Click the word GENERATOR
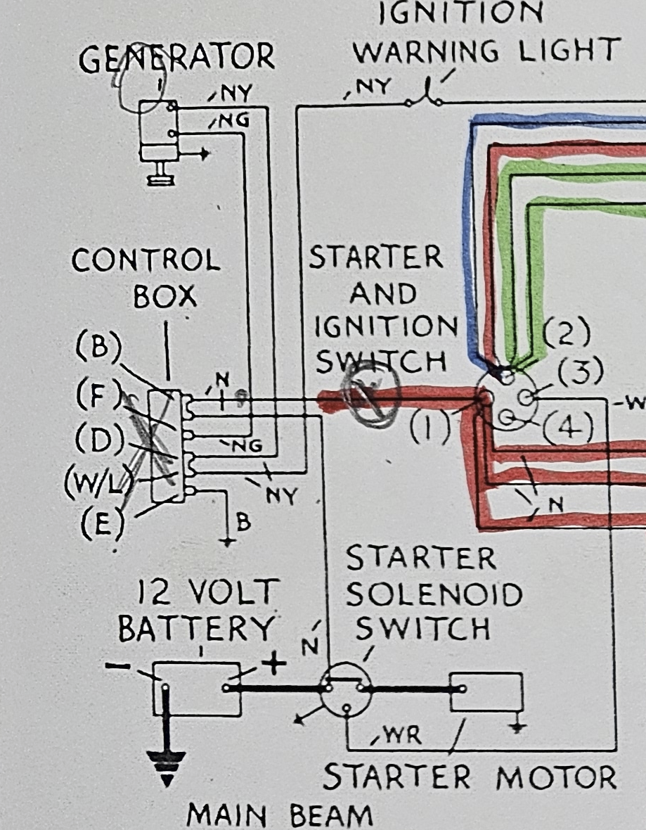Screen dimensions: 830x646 point(176,57)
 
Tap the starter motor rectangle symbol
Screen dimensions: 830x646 point(486,692)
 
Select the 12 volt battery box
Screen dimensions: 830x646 point(197,689)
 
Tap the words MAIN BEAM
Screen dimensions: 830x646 point(280,816)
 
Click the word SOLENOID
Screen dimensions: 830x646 point(434,595)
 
